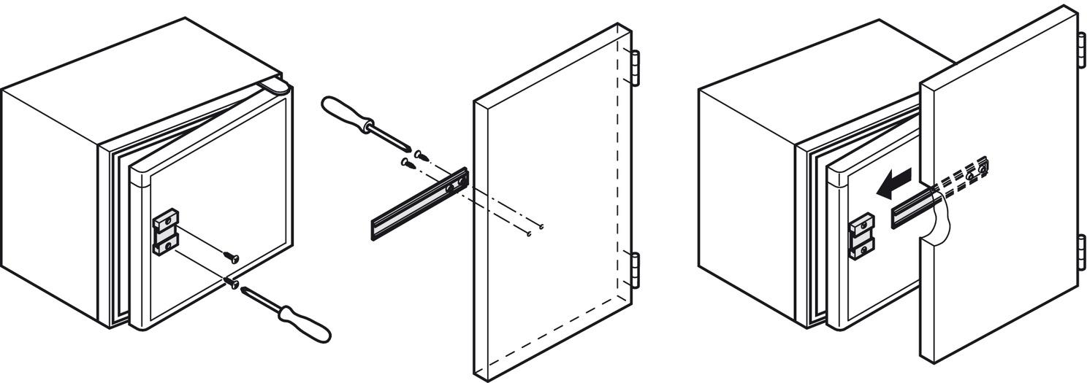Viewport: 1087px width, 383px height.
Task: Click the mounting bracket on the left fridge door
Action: click(165, 232)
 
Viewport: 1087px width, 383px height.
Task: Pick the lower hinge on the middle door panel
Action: click(635, 270)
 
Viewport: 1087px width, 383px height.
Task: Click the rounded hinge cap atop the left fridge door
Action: click(275, 87)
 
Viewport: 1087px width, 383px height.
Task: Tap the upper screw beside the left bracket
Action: click(230, 256)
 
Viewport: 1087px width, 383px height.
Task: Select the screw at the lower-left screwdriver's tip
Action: click(234, 283)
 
